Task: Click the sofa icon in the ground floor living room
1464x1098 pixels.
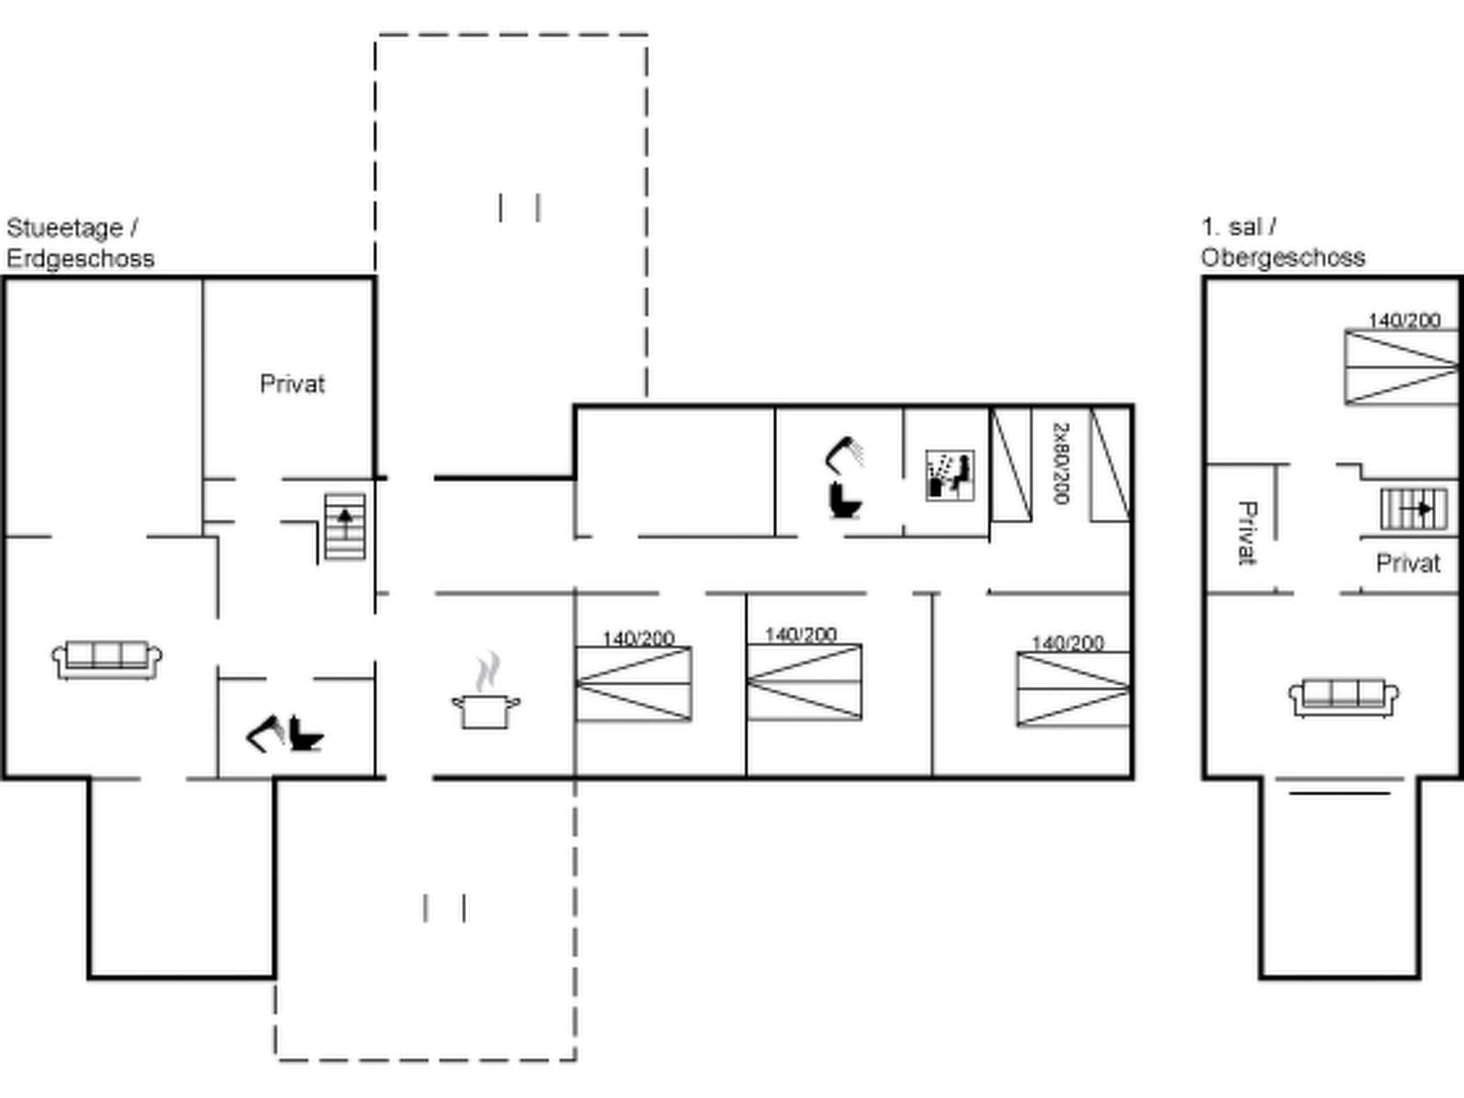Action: tap(107, 659)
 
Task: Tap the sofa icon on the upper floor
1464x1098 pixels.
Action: tap(1343, 698)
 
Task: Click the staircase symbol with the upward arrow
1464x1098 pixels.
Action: tap(345, 526)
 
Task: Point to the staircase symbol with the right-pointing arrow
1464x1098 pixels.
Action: tap(1413, 509)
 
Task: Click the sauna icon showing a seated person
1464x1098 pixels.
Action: tap(949, 475)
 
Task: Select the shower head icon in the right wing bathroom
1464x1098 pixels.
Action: tap(845, 455)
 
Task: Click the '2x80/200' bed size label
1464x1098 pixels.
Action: tap(1061, 463)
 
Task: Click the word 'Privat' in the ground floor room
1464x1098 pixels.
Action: tap(292, 384)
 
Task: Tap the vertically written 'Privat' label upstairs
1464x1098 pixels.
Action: tap(1247, 533)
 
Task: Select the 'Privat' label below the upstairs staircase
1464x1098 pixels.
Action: tap(1408, 563)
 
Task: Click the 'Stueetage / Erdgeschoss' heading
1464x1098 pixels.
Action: tap(79, 243)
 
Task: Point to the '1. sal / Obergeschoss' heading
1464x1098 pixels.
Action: tap(1282, 242)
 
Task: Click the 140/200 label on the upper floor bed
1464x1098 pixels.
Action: tap(1404, 320)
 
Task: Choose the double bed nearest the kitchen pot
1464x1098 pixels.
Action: tap(633, 683)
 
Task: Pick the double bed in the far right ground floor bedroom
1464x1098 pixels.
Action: tap(1073, 689)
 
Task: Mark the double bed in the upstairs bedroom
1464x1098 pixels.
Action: tap(1401, 367)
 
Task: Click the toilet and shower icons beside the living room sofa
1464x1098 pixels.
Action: tap(285, 733)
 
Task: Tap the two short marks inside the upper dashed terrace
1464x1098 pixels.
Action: tap(519, 207)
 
